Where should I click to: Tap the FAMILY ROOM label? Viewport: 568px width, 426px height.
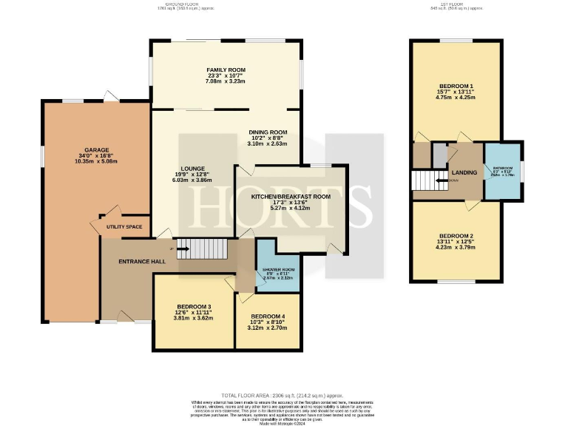(225, 70)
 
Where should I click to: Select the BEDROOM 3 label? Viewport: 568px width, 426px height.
(194, 307)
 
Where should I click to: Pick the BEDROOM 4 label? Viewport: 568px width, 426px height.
(267, 317)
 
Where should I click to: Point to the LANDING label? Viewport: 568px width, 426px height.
(464, 172)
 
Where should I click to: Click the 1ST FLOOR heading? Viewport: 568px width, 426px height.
(456, 4)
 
